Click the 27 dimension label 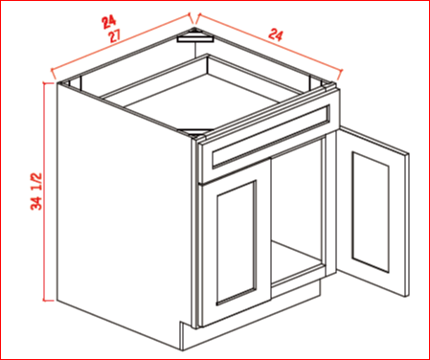[x=115, y=36]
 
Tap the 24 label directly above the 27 [x=109, y=22]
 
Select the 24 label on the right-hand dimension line [x=275, y=34]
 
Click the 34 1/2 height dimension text [x=36, y=191]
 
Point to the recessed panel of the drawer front [x=271, y=136]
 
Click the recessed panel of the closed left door [x=237, y=242]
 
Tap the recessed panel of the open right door [x=371, y=212]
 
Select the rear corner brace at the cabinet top [x=195, y=35]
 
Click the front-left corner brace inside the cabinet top [x=195, y=131]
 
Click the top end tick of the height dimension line [x=48, y=83]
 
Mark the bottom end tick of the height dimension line [x=48, y=301]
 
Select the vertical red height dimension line [x=44, y=191]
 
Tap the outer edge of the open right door [x=407, y=225]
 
